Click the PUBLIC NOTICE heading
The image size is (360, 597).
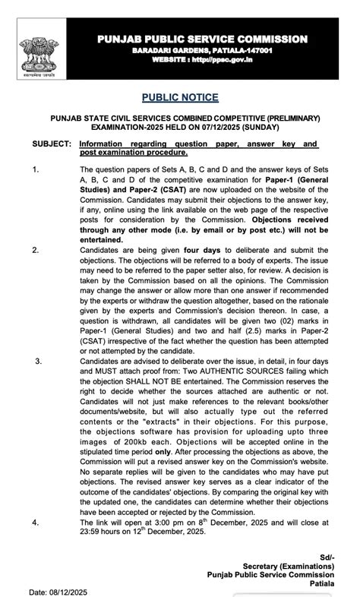179,97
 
